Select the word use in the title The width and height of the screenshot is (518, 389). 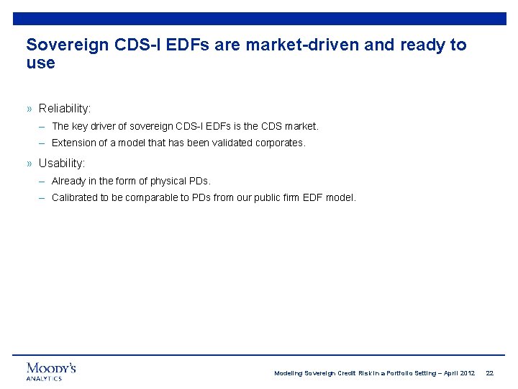pos(40,63)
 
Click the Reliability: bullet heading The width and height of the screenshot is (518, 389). pos(65,108)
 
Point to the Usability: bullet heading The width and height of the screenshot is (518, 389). pos(62,163)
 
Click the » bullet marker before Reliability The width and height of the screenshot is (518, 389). pos(29,108)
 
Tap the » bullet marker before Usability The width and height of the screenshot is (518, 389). pos(29,163)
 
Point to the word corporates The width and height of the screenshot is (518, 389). pos(280,143)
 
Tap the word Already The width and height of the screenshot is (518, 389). pos(68,181)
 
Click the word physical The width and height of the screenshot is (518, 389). pos(168,181)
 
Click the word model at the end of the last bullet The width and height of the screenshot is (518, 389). pos(340,197)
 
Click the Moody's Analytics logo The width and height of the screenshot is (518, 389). pos(51,371)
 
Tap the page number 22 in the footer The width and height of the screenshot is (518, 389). pos(489,373)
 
